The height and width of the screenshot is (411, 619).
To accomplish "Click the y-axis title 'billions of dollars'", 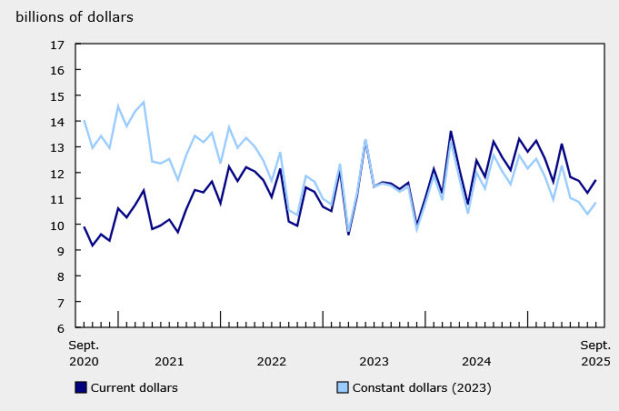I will coord(72,17).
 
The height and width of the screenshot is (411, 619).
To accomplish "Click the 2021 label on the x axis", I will coord(169,361).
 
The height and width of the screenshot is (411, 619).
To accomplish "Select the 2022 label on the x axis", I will coord(272,361).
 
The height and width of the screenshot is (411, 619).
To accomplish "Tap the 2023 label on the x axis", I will coord(374,361).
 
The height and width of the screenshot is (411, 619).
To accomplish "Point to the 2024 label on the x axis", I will coord(476,361).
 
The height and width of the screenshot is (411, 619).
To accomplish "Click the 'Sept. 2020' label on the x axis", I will coord(85,353).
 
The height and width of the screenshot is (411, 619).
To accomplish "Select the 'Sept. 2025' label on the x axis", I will coord(595,353).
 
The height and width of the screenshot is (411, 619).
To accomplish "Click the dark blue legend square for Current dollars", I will coord(81,387).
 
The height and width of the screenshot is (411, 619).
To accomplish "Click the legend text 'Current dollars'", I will coord(134,388).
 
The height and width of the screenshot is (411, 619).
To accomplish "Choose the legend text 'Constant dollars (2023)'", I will coord(422,388).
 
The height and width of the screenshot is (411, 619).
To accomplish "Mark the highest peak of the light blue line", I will coord(144,102).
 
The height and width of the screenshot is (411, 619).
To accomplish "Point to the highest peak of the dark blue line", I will coord(451,132).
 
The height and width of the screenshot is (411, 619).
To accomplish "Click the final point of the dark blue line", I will coord(595,180).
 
